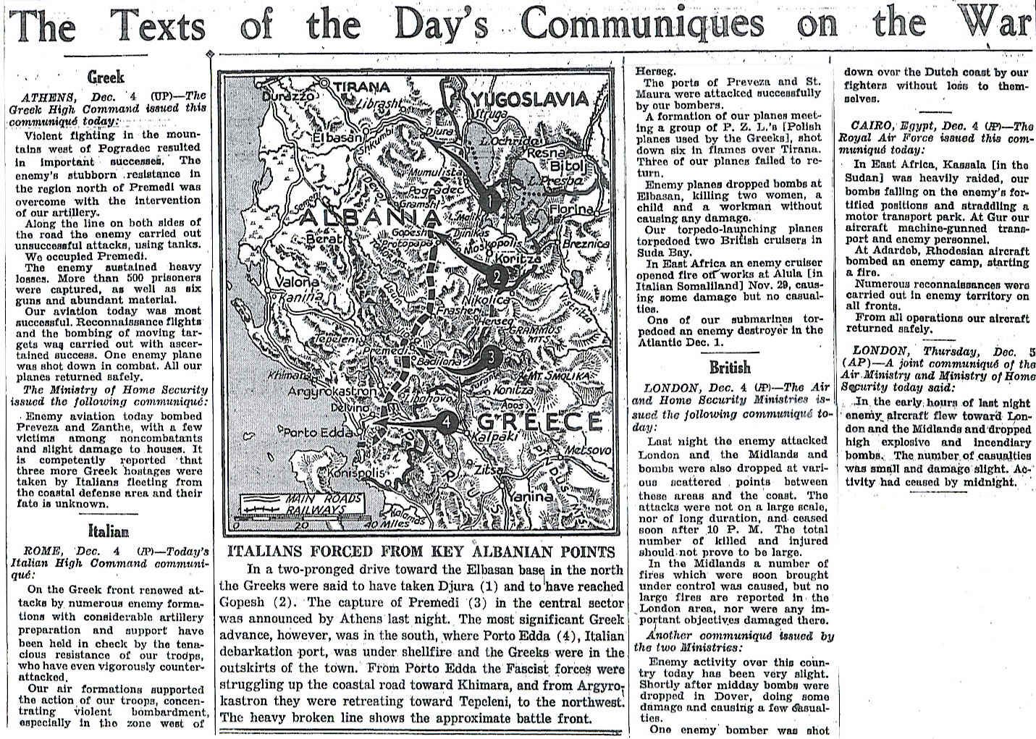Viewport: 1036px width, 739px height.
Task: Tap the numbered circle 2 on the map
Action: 497,276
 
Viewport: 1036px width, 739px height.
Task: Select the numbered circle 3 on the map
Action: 490,357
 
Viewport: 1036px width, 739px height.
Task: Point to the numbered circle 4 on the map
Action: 449,421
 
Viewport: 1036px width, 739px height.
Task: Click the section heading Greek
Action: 106,77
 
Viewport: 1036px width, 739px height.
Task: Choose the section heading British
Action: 730,367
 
